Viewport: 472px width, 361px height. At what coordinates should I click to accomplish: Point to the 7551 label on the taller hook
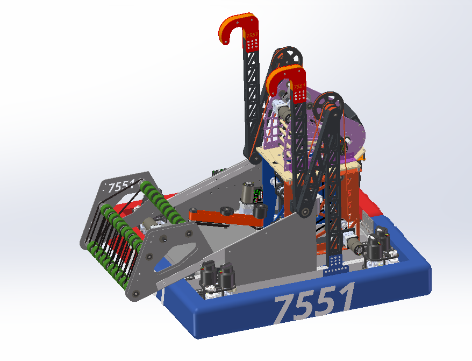252,35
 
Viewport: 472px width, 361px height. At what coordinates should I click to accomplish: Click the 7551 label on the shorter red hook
299,87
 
